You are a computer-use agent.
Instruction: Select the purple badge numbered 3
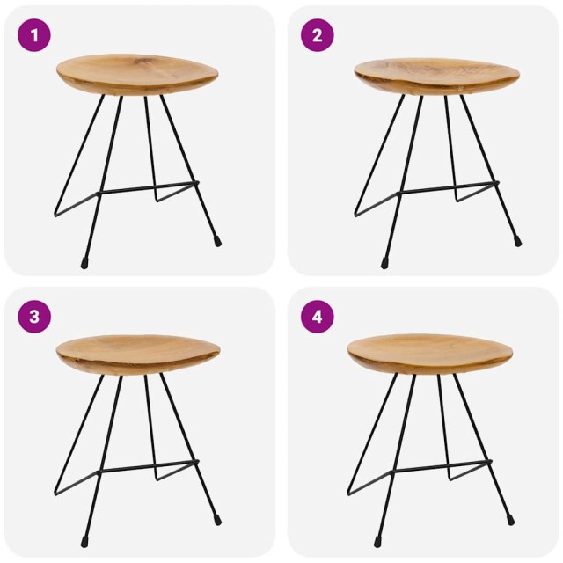pos(34,317)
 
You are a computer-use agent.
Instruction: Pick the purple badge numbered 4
pos(317,317)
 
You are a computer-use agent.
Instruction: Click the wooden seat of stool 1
pos(137,72)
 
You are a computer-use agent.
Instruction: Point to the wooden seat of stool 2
pos(436,74)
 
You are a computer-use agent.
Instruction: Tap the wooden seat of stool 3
pos(137,353)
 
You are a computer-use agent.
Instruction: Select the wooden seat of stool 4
pos(429,353)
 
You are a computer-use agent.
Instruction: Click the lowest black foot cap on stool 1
pos(84,262)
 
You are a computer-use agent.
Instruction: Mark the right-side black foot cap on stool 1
pos(217,240)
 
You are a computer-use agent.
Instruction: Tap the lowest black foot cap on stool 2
pos(384,262)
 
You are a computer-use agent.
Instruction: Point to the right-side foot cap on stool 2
pos(517,240)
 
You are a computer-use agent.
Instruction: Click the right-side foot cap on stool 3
pos(217,519)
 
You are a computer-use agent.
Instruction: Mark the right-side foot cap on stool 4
pos(510,519)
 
